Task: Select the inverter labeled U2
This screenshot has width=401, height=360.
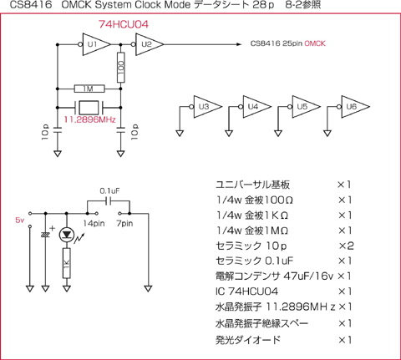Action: click(148, 44)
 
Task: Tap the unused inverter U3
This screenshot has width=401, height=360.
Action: click(206, 107)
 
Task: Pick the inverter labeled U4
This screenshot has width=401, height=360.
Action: click(255, 107)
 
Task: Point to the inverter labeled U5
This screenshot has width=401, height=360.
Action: click(304, 107)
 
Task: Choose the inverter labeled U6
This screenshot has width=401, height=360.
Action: click(353, 107)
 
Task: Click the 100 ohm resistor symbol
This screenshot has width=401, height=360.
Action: click(120, 68)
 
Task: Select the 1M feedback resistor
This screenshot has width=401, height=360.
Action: click(89, 89)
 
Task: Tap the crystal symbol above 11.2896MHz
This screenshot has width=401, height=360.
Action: click(89, 107)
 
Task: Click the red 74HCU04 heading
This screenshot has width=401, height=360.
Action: click(124, 24)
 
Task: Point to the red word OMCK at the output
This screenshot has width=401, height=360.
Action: click(315, 43)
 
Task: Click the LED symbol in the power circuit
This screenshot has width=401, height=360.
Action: click(67, 236)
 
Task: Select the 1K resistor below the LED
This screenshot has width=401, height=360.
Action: click(67, 263)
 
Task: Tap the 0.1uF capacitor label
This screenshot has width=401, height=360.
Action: click(109, 191)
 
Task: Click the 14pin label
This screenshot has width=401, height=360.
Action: click(94, 223)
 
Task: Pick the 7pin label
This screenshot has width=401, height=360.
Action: click(124, 223)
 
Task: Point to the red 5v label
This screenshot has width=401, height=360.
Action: click(20, 221)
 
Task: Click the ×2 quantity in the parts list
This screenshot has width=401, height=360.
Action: click(346, 246)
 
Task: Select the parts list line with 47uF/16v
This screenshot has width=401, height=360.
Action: click(283, 276)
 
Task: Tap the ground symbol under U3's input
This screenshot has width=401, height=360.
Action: click(180, 134)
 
